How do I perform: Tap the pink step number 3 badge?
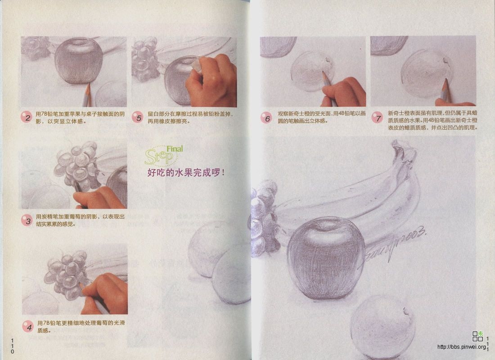[x=27, y=220]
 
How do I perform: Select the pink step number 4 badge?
[x=28, y=327]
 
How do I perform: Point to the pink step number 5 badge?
[x=137, y=118]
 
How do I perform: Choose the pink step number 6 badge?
[x=266, y=118]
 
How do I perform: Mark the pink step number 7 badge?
[x=377, y=118]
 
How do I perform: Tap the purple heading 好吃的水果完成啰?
[x=186, y=172]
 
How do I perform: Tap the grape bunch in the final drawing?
[x=265, y=220]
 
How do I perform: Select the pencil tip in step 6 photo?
[x=324, y=73]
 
